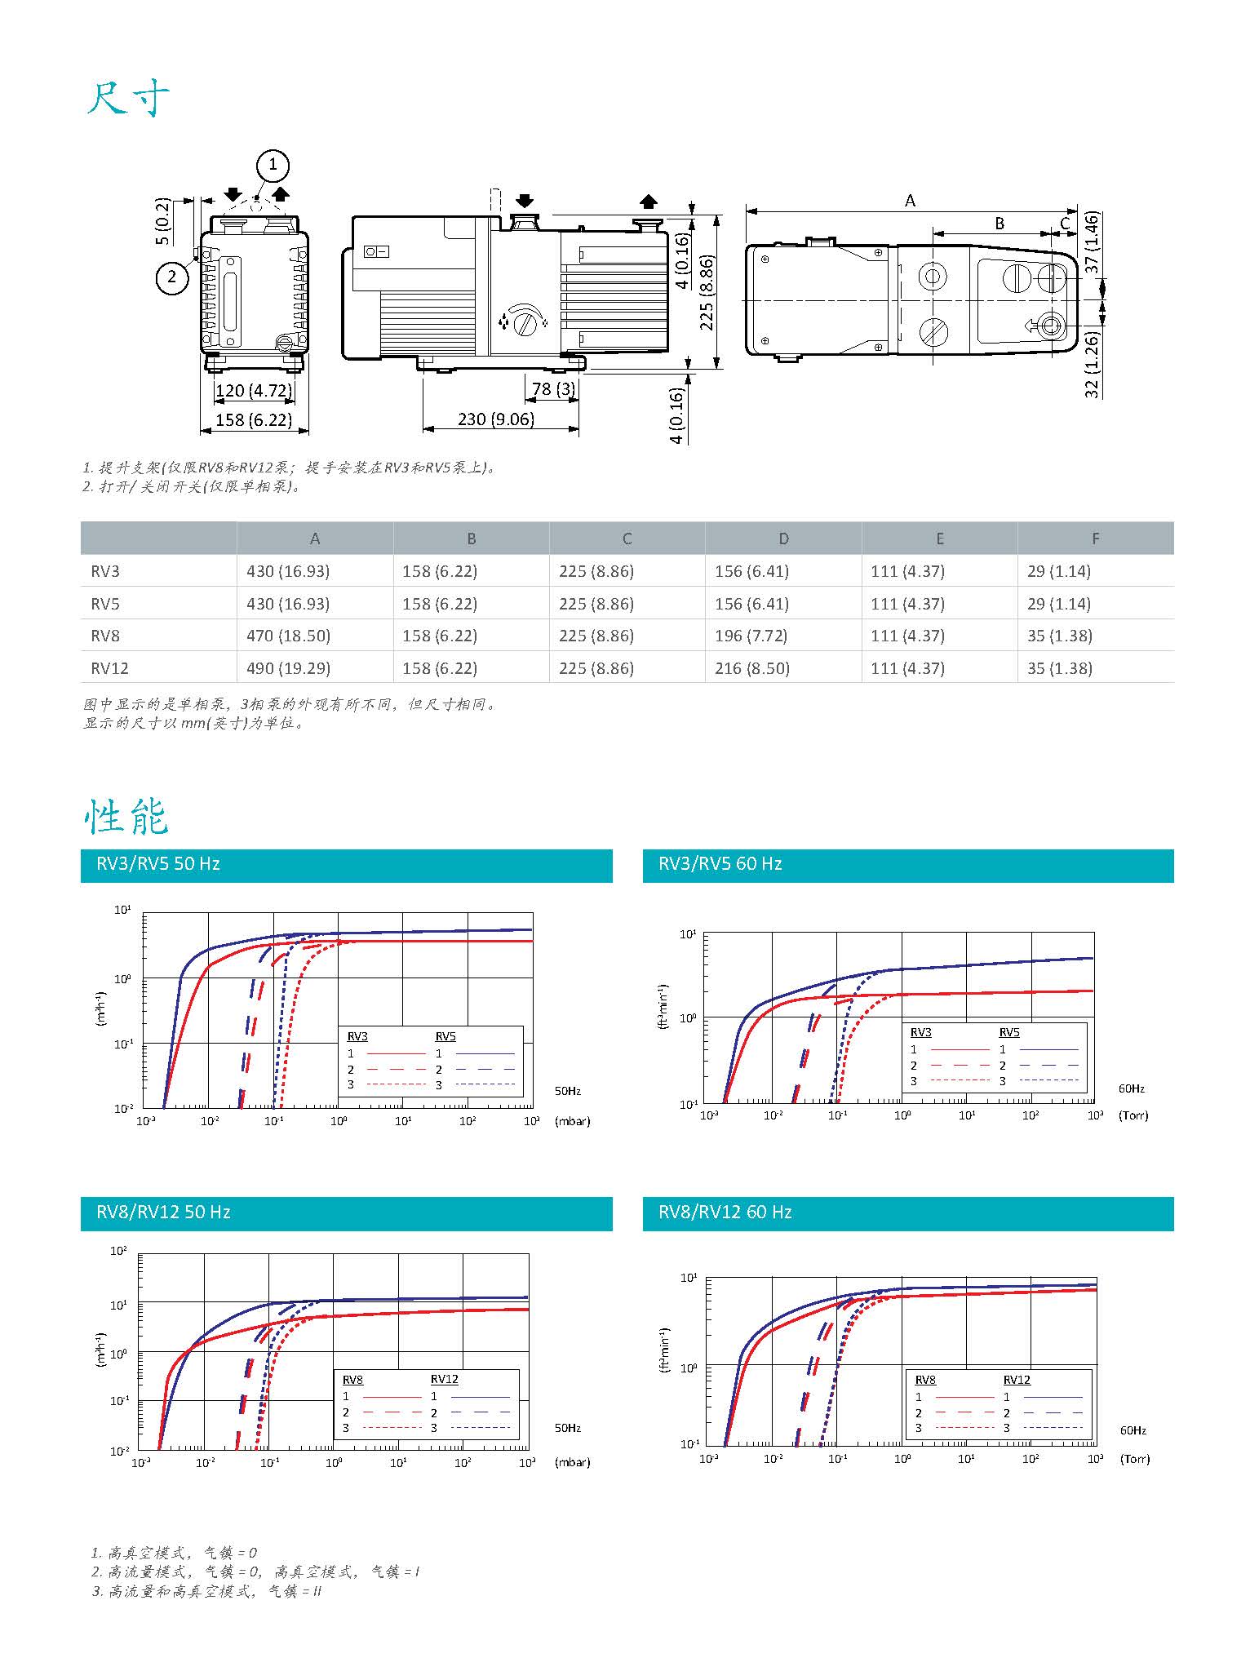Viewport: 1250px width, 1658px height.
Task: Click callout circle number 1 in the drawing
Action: (x=273, y=166)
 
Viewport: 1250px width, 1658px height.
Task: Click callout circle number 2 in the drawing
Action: (x=171, y=277)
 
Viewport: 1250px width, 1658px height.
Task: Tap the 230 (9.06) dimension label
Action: (x=495, y=419)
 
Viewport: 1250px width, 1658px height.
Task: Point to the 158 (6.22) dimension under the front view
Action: (x=253, y=420)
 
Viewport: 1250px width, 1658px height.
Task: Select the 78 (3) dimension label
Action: (x=554, y=389)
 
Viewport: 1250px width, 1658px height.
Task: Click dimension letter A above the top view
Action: (x=911, y=201)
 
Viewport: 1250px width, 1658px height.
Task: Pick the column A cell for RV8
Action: (x=288, y=636)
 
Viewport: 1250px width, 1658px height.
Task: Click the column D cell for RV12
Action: (x=752, y=668)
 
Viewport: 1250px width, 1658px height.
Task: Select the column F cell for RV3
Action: (x=1058, y=571)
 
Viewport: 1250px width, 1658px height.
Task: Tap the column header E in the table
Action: (x=940, y=539)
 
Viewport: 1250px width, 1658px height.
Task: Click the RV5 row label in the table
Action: (x=105, y=604)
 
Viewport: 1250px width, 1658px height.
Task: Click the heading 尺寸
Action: (x=128, y=100)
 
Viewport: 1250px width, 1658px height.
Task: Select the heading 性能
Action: (x=126, y=816)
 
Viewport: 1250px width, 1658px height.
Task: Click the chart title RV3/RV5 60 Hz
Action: (x=720, y=864)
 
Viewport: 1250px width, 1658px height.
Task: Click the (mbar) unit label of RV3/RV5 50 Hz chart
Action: (x=572, y=1121)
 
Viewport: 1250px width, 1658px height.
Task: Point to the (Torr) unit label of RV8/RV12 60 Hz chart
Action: (x=1134, y=1458)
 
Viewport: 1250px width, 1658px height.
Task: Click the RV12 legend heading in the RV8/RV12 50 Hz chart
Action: (x=445, y=1379)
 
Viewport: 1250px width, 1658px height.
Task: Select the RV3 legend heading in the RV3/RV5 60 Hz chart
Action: (x=920, y=1032)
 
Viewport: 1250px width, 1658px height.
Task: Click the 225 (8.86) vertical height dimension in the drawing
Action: (x=707, y=292)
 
